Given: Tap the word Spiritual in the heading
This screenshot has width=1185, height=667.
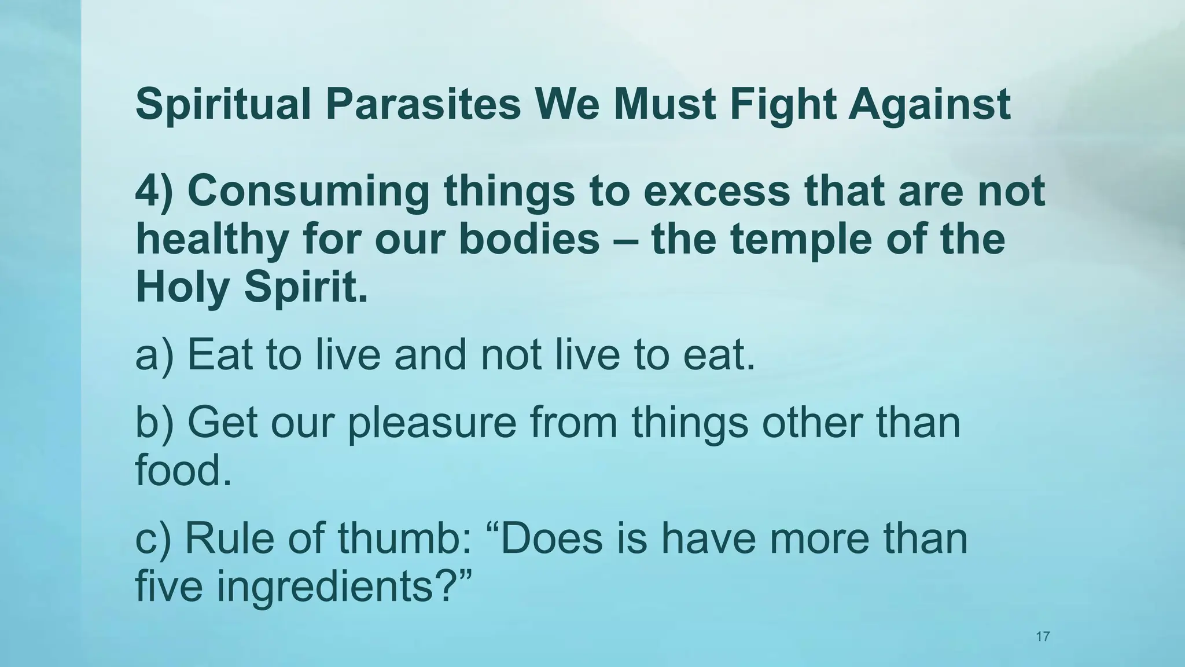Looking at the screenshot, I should [x=223, y=105].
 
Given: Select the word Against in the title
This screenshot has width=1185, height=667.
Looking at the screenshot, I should [x=929, y=105].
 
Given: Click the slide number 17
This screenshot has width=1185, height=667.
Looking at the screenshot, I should [x=1043, y=637].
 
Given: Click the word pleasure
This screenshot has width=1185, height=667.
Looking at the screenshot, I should [x=432, y=423].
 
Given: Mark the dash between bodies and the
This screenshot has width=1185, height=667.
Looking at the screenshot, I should [x=625, y=240].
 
